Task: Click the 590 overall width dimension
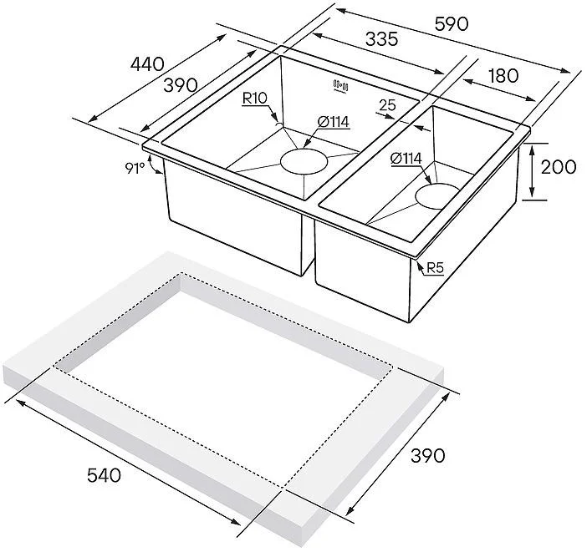tap(451, 24)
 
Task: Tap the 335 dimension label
tap(381, 39)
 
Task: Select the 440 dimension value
tap(147, 64)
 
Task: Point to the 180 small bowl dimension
tap(503, 76)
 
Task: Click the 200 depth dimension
tap(559, 167)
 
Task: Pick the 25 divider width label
tap(387, 105)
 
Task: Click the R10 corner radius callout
tap(254, 99)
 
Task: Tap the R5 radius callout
tap(435, 268)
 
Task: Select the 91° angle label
tap(135, 169)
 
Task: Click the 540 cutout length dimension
tap(104, 475)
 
